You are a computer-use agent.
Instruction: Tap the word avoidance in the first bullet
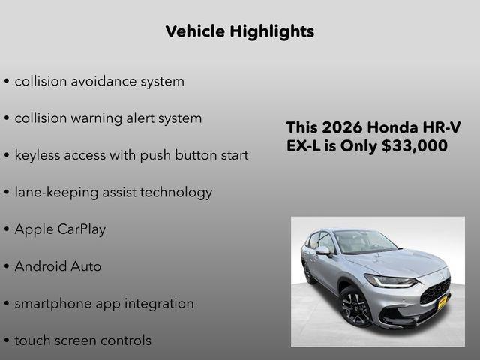point(106,81)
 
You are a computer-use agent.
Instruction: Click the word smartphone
point(52,304)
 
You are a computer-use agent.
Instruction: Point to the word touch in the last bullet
point(31,340)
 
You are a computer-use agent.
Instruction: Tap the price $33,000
point(415,145)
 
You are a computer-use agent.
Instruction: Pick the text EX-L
point(303,145)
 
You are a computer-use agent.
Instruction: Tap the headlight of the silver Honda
point(390,282)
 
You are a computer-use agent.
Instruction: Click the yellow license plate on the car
point(442,301)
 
